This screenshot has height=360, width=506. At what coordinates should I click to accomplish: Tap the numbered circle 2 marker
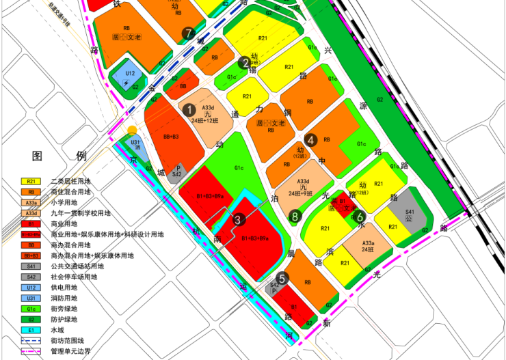tap(244, 63)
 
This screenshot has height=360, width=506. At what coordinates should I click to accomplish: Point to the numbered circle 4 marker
tap(311, 139)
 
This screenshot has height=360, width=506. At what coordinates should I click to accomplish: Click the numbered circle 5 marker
tap(282, 278)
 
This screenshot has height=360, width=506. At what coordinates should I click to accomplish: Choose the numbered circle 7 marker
tap(189, 33)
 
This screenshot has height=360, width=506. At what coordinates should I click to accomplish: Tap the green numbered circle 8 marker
tap(295, 217)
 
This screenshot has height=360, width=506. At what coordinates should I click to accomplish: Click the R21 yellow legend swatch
tap(31, 181)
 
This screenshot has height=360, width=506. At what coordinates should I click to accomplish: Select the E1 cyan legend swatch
tap(31, 330)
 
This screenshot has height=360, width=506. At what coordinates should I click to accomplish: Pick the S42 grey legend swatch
tap(31, 277)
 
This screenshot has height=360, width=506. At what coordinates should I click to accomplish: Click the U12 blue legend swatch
tap(31, 288)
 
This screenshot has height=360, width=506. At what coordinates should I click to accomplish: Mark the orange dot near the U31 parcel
tap(132, 130)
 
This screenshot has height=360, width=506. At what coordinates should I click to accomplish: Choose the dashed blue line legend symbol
tap(31, 340)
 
